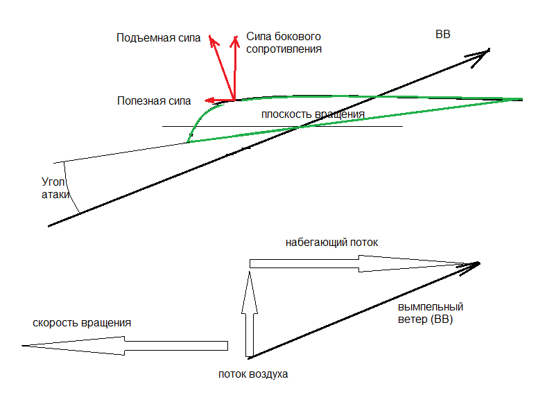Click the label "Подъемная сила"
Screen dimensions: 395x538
158,38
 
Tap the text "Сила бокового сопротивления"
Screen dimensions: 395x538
281,43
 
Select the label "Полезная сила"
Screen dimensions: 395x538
154,101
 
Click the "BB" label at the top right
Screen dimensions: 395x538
442,35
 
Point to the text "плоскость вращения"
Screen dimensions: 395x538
312,114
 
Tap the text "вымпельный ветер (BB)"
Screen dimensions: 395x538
431,313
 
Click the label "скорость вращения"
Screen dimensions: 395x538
81,323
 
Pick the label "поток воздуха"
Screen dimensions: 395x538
252,374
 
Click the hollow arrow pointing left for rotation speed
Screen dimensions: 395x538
125,345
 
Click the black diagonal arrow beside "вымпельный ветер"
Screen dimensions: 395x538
364,309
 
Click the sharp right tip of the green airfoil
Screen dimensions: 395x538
520,99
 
